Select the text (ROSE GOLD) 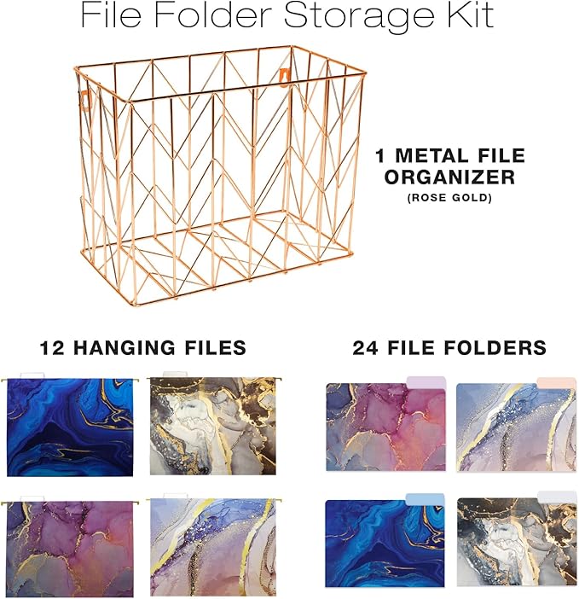(x=450, y=198)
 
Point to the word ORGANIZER (x=449, y=177)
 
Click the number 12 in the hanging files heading (x=54, y=347)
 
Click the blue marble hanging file (x=69, y=427)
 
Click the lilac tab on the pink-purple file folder (x=426, y=383)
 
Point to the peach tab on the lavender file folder (x=556, y=382)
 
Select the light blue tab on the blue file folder (x=425, y=499)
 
